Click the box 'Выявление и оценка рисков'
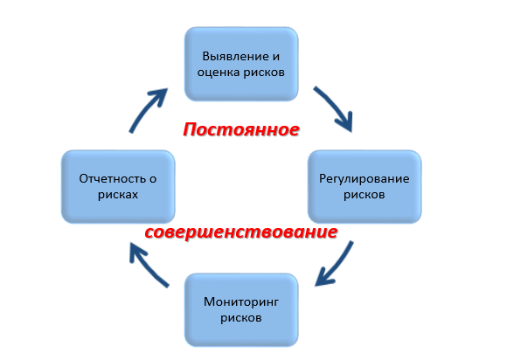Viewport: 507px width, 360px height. tap(241, 64)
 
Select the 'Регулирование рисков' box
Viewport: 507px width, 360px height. tap(365, 187)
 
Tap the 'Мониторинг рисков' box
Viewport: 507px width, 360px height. tap(241, 310)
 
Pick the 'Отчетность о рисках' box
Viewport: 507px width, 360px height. tap(118, 187)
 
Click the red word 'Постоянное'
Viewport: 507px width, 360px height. tap(241, 129)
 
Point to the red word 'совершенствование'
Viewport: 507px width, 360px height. tap(241, 232)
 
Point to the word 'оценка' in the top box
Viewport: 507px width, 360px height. tap(219, 73)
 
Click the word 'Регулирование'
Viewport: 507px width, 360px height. tap(365, 179)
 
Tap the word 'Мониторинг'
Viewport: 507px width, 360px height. tap(241, 301)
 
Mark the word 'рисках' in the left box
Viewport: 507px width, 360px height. tap(118, 195)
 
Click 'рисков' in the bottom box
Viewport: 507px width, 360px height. tap(241, 318)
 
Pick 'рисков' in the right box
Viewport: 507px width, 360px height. tap(365, 195)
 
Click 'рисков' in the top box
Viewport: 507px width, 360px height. tap(264, 73)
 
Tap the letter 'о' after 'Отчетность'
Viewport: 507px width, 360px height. tap(153, 179)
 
